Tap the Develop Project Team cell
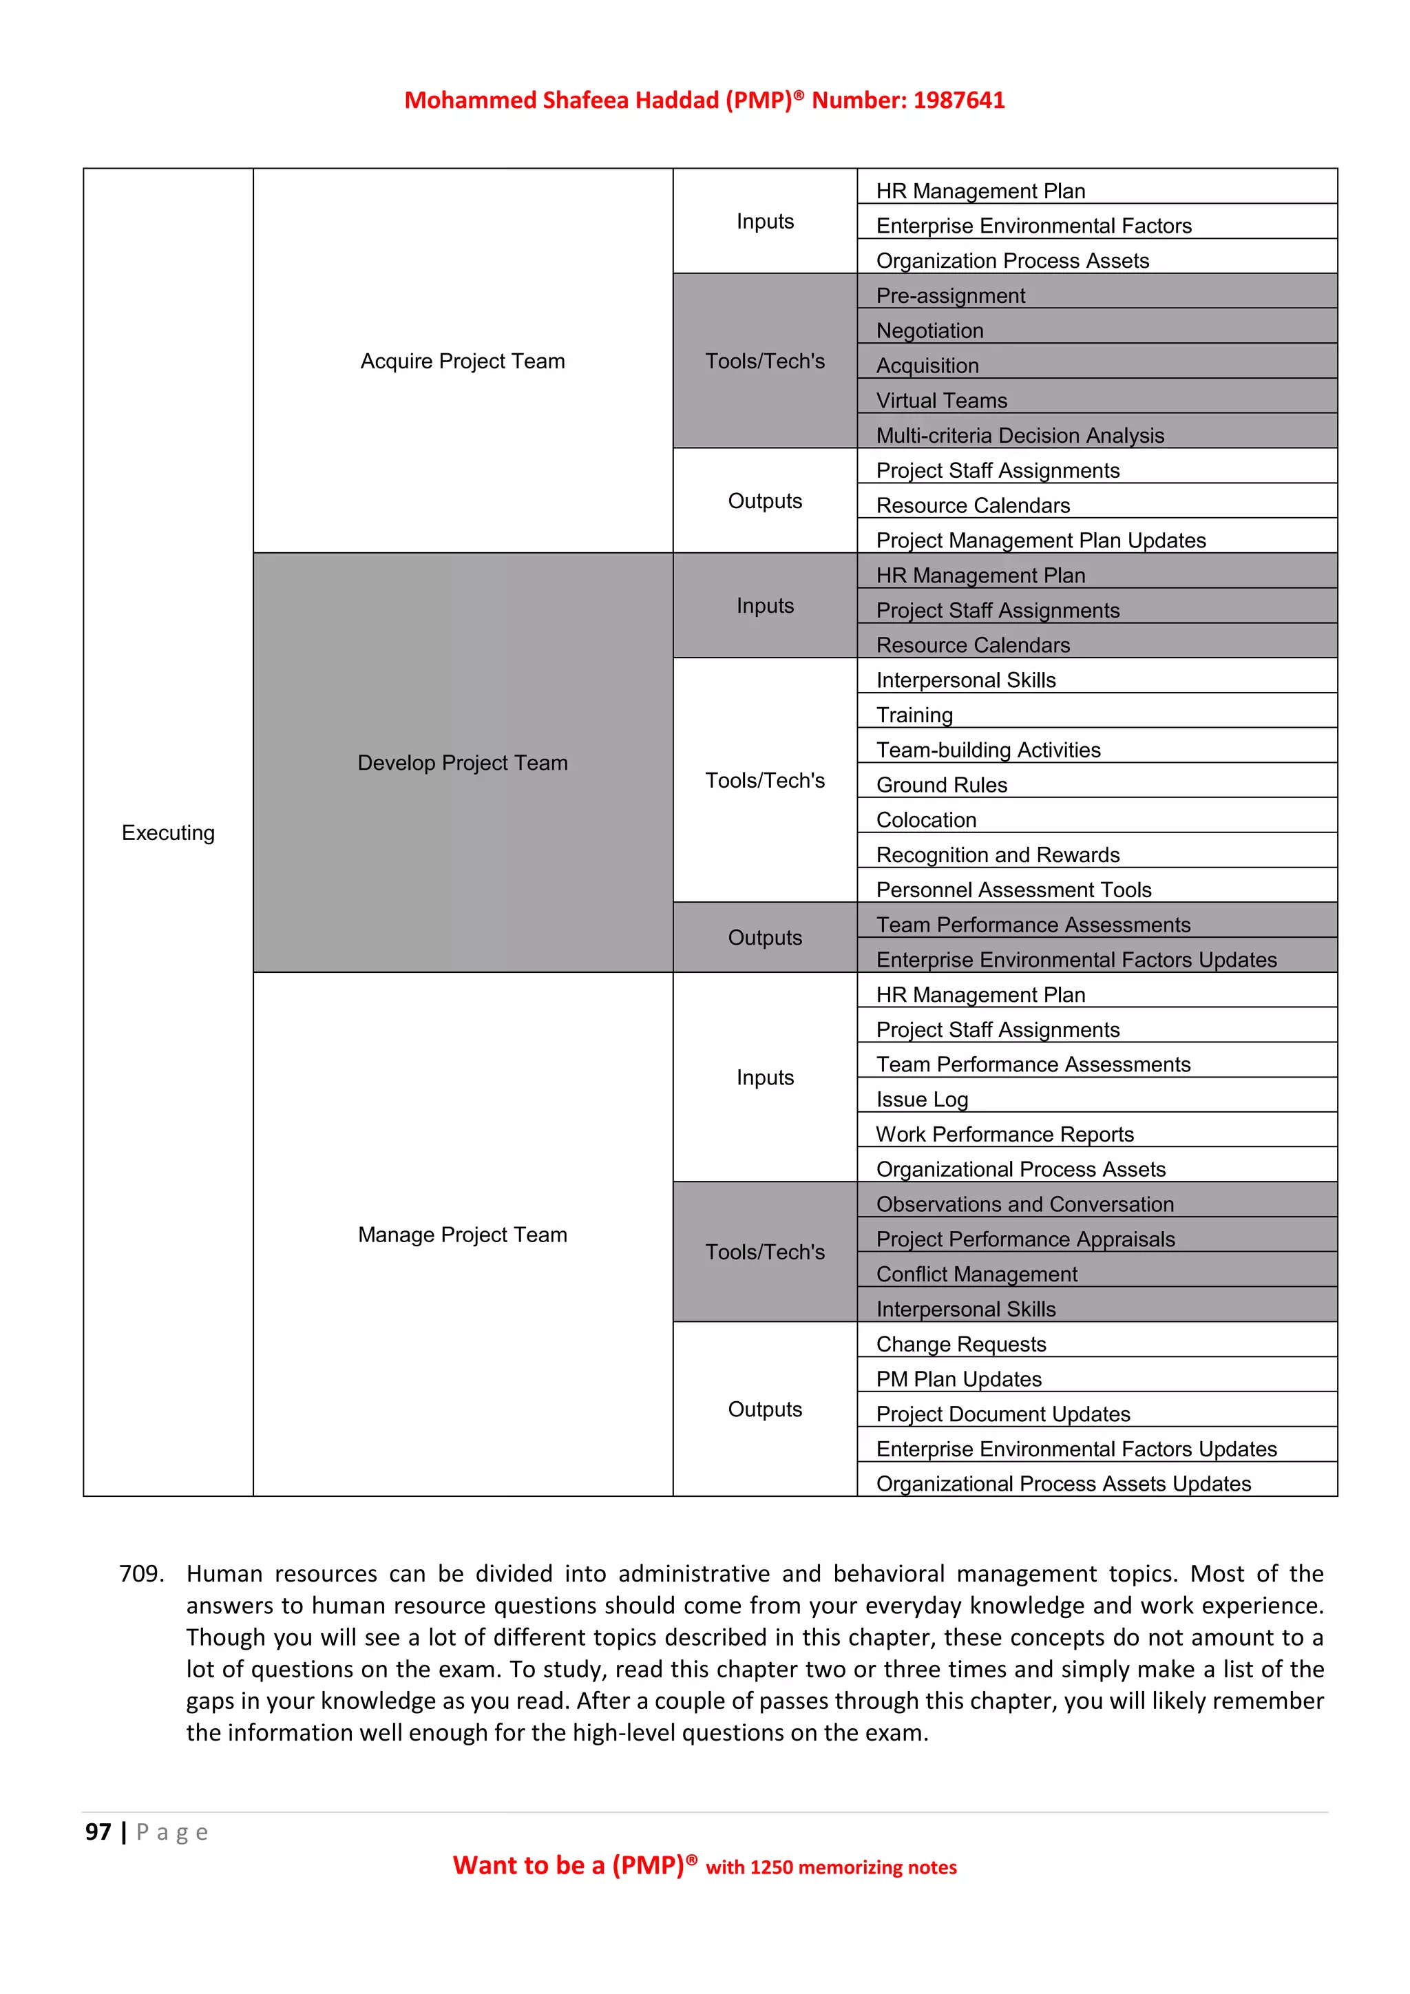(462, 762)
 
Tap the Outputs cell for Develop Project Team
(764, 937)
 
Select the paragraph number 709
(140, 1574)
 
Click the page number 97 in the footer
(98, 1832)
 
